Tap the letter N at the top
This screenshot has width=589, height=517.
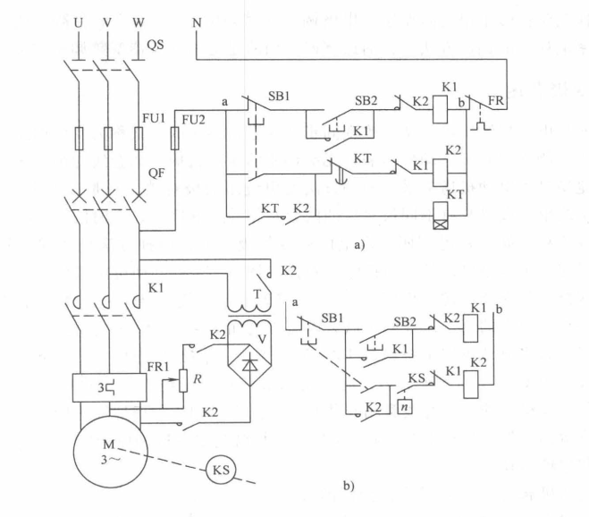coord(197,21)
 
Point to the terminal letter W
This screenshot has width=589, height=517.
coord(137,20)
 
